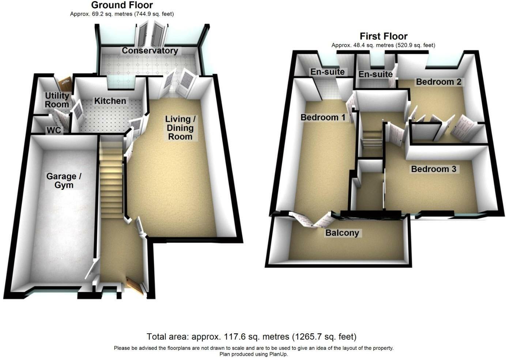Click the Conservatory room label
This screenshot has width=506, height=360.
click(150, 50)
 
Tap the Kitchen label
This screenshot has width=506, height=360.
click(110, 101)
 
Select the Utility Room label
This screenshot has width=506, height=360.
click(57, 100)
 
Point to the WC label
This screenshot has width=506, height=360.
click(53, 130)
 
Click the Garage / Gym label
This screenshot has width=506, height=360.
click(64, 181)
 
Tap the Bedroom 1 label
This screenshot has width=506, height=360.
click(323, 117)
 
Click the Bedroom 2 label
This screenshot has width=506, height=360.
click(438, 82)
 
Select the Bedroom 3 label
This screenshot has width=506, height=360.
click(434, 169)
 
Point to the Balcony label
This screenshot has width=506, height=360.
click(342, 233)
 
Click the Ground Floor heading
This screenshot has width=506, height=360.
click(122, 5)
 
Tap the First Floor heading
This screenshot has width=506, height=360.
click(384, 36)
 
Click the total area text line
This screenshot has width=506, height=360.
click(252, 337)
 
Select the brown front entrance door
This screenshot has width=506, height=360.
click(135, 286)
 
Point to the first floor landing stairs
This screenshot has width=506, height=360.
click(371, 139)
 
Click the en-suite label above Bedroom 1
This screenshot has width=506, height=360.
click(328, 72)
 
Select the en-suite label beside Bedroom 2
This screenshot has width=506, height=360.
click(375, 74)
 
